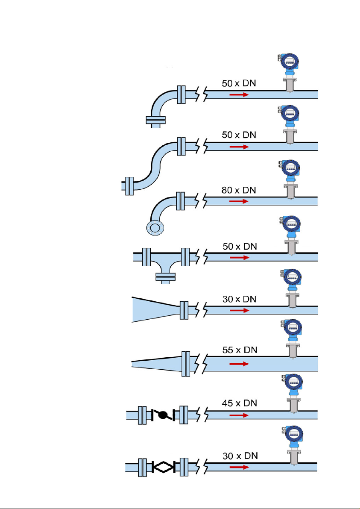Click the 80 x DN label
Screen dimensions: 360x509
(x=239, y=190)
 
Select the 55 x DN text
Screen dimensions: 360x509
(x=240, y=350)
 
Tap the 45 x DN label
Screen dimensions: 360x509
(x=240, y=403)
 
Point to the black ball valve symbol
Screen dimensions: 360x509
(x=163, y=415)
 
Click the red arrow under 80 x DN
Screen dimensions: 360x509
(x=239, y=201)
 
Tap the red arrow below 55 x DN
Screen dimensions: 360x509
(x=239, y=364)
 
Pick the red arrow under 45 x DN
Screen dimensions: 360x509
(x=239, y=415)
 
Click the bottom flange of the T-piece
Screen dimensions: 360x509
(x=165, y=277)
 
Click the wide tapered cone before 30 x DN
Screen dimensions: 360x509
(x=156, y=309)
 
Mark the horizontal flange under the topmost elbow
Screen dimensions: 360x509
(x=156, y=120)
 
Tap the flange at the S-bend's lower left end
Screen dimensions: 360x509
(x=129, y=186)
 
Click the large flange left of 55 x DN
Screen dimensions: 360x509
(x=185, y=364)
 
